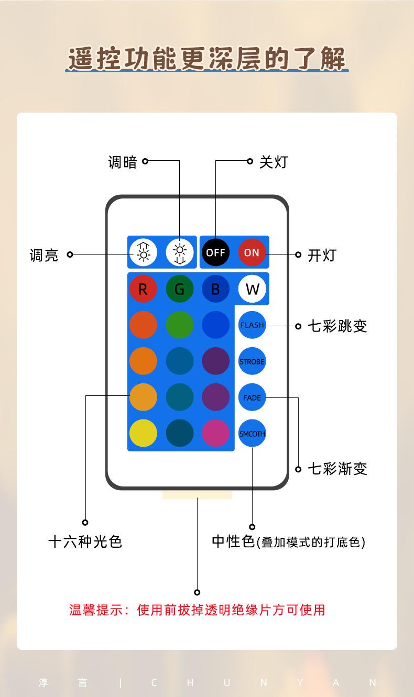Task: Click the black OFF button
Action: click(x=215, y=252)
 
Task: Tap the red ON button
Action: click(x=252, y=252)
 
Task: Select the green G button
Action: click(x=179, y=289)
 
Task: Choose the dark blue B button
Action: click(x=215, y=289)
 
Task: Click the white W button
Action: click(x=252, y=289)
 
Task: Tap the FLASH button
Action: click(x=252, y=325)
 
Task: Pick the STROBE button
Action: click(x=252, y=361)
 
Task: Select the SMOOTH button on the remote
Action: click(x=252, y=434)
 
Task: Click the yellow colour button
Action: click(x=143, y=434)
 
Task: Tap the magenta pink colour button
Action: click(x=215, y=434)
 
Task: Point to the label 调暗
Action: click(x=122, y=162)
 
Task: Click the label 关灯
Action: click(x=274, y=162)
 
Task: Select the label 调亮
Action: click(x=44, y=256)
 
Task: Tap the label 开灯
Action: click(x=322, y=256)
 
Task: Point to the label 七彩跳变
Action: click(x=337, y=326)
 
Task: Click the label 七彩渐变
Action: click(x=337, y=469)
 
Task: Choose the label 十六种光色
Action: click(x=85, y=541)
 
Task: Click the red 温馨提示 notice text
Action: click(x=197, y=610)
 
